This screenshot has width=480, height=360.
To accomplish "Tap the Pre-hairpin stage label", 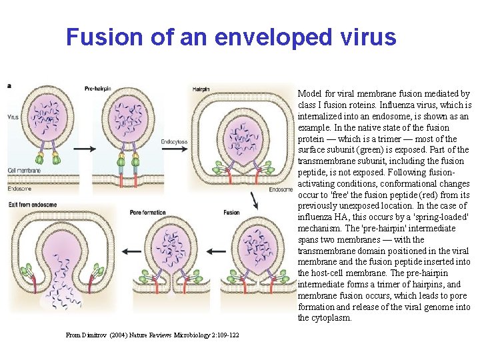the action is pyautogui.click(x=99, y=89).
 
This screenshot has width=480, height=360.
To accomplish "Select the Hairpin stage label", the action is pyautogui.click(x=201, y=89).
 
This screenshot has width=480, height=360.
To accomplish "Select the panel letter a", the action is pyautogui.click(x=9, y=85).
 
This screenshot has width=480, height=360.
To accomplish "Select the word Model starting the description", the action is pyautogui.click(x=310, y=94).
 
